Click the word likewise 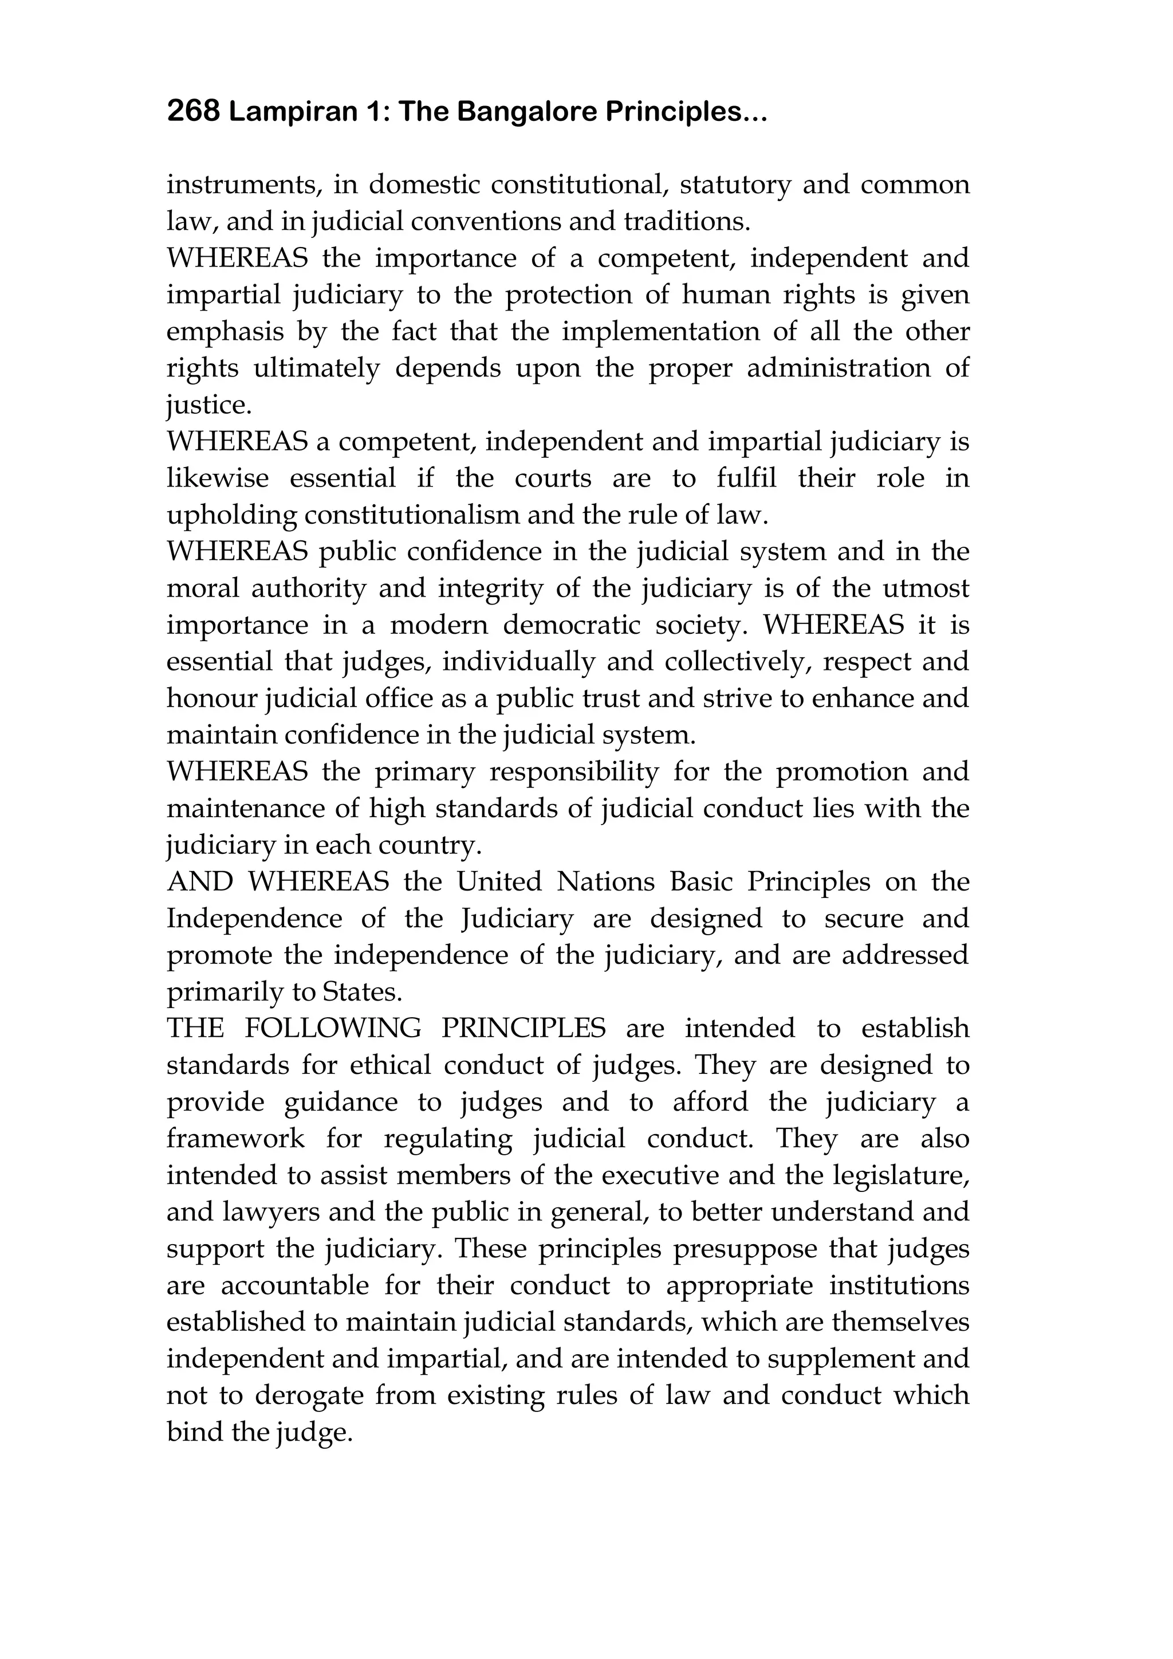pyautogui.click(x=218, y=479)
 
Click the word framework pyautogui.click(x=235, y=1139)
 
